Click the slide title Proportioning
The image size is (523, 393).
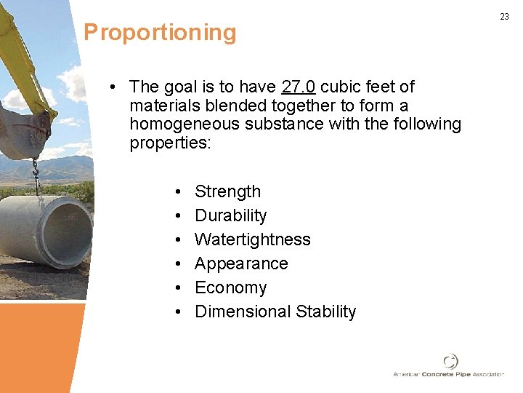coord(160,33)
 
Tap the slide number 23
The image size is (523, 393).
coord(504,17)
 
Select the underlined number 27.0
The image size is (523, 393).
coord(298,87)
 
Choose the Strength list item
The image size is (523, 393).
coord(227,191)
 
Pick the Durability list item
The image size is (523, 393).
coord(230,215)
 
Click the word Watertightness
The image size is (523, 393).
coord(252,239)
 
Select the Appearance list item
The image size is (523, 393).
coord(241,263)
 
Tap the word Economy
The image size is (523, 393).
coord(230,287)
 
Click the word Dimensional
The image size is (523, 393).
coord(243,311)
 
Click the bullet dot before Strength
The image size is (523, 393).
coord(178,192)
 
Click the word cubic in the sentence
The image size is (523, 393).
coord(341,87)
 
